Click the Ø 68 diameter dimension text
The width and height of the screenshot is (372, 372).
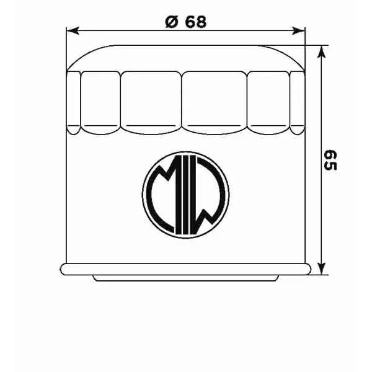point(185,21)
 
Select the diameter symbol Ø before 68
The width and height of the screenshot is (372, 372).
point(170,21)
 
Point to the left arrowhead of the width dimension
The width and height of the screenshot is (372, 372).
point(71,30)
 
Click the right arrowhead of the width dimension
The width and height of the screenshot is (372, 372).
point(301,30)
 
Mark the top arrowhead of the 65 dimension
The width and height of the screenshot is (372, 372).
point(321,51)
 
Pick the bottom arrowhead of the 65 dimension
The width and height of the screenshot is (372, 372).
point(321,267)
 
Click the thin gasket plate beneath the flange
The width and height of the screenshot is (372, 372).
point(186,277)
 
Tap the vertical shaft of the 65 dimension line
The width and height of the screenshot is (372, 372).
point(321,112)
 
